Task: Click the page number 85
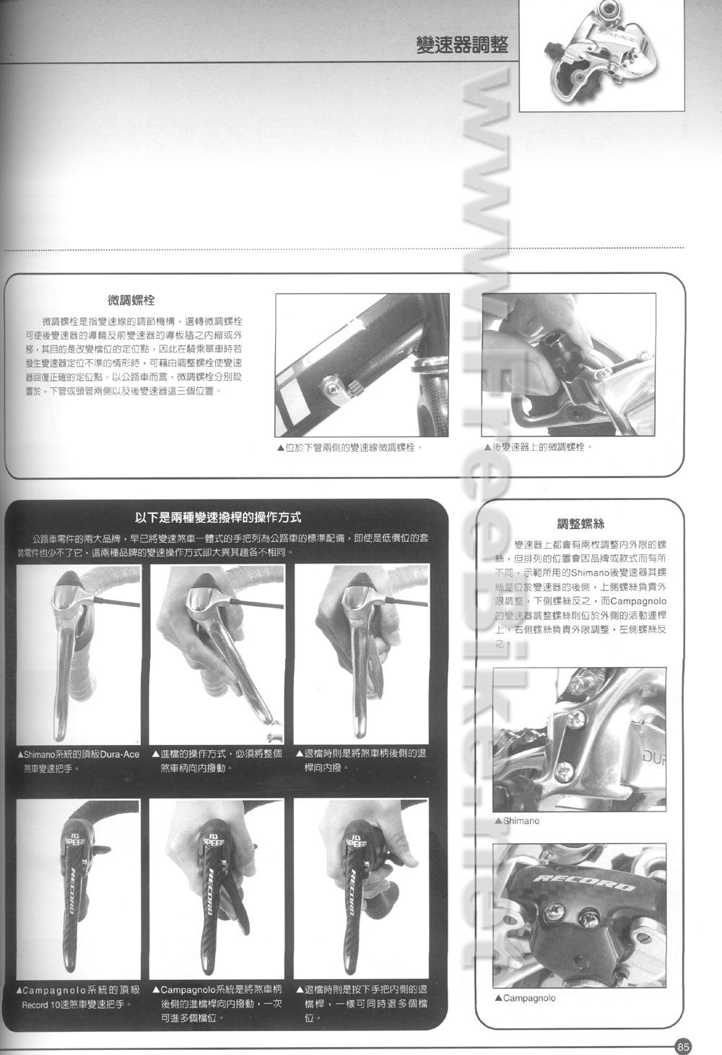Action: click(x=684, y=1046)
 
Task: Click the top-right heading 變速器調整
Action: click(x=462, y=46)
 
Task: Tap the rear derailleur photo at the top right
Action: click(x=601, y=55)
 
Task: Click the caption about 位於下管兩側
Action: click(x=349, y=448)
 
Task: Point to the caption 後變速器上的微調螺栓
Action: click(x=539, y=448)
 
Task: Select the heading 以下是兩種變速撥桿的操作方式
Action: click(x=218, y=517)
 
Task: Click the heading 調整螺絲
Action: click(x=580, y=524)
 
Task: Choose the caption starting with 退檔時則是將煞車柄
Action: click(x=361, y=760)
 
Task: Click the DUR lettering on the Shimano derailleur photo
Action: click(x=654, y=758)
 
